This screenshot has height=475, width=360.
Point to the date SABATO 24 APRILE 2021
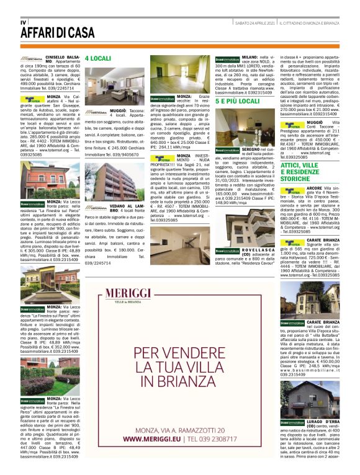(x=255, y=24)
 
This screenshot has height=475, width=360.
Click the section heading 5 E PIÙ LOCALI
(x=237, y=100)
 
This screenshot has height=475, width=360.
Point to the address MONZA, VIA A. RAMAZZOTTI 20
(x=174, y=429)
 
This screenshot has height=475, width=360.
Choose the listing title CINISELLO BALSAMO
(x=61, y=57)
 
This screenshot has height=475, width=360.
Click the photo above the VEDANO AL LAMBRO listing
(x=100, y=182)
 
